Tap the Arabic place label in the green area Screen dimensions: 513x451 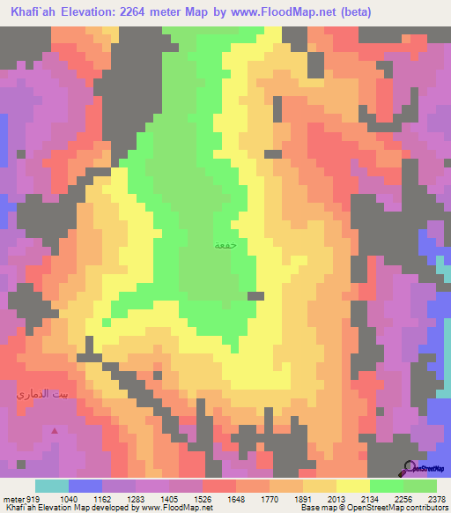225,246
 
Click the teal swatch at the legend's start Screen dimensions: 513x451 52,486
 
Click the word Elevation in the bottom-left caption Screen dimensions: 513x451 55,508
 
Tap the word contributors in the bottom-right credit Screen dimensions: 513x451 425,508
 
